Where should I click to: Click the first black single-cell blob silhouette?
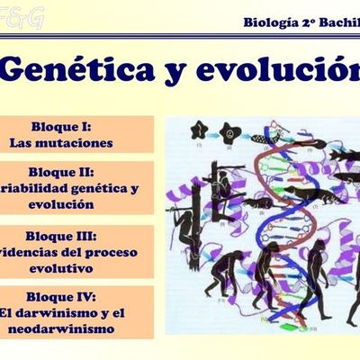point(200,130)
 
